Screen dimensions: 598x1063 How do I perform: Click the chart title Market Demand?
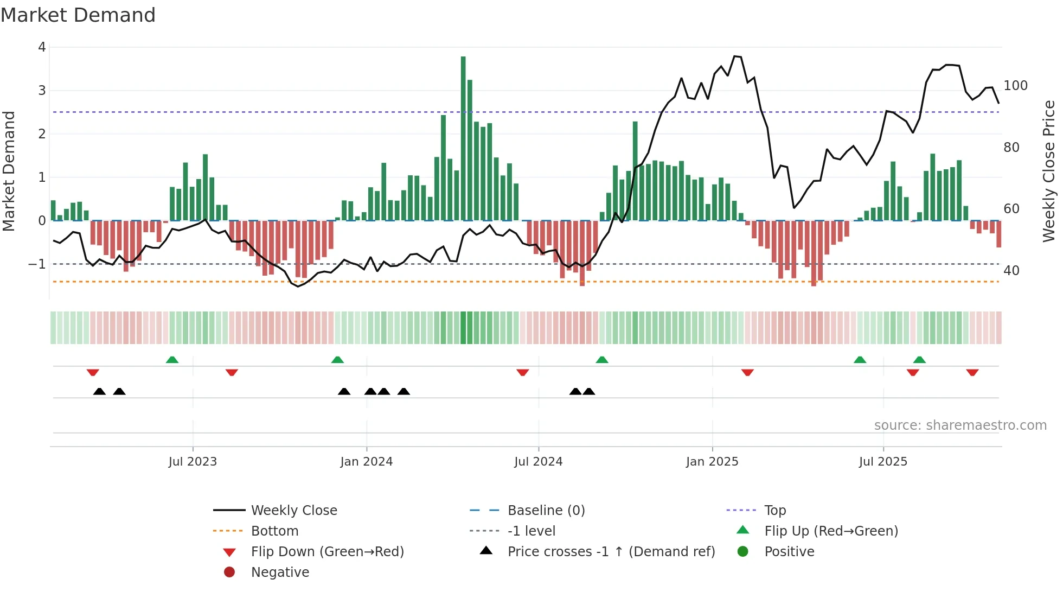[x=78, y=15]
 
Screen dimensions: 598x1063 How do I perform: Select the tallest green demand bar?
[x=463, y=138]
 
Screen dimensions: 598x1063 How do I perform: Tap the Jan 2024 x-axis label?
[x=366, y=462]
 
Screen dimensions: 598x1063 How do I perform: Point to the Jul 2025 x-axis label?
[x=882, y=462]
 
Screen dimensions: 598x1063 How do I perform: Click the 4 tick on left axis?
[x=42, y=47]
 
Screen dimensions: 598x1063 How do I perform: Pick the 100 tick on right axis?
[x=1015, y=86]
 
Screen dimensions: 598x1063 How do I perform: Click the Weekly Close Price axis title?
[x=1049, y=171]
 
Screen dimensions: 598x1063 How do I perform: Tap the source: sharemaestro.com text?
[x=960, y=425]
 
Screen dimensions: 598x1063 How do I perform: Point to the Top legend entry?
[x=774, y=511]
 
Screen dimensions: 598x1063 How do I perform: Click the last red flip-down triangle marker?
[x=972, y=372]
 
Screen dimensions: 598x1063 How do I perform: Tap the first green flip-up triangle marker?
[x=172, y=360]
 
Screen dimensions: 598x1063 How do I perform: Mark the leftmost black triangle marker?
[x=99, y=391]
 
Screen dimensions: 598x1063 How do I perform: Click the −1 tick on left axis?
[x=37, y=264]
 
